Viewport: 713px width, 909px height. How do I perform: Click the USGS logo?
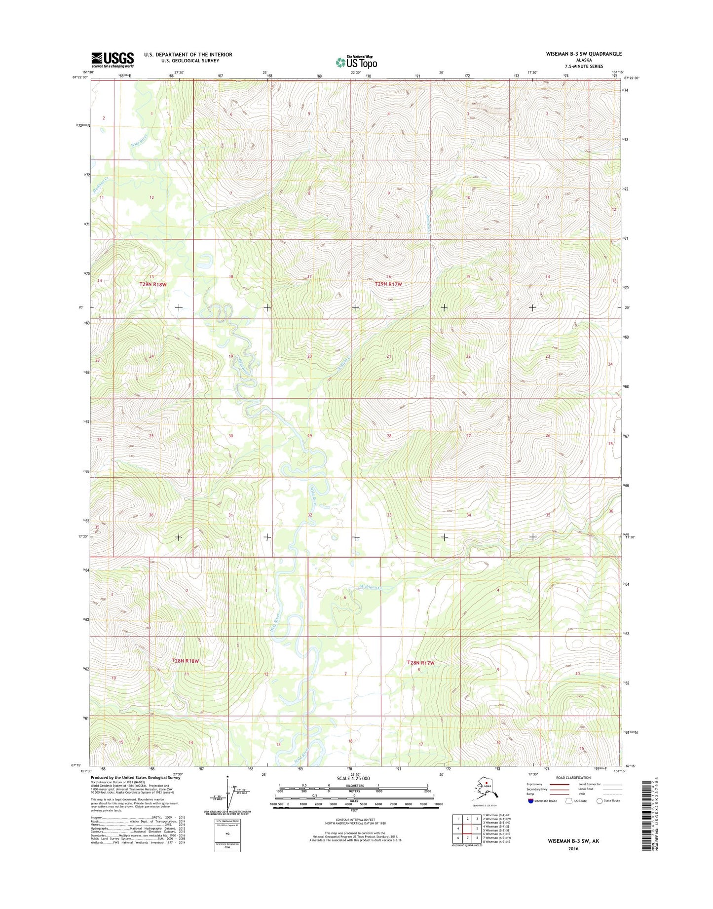click(113, 60)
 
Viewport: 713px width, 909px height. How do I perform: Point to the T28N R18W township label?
click(185, 660)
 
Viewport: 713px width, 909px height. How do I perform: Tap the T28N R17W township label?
click(420, 663)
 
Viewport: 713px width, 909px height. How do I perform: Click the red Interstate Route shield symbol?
click(530, 815)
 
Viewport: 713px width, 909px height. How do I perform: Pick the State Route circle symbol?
click(600, 815)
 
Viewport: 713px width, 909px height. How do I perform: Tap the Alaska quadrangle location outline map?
click(485, 802)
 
